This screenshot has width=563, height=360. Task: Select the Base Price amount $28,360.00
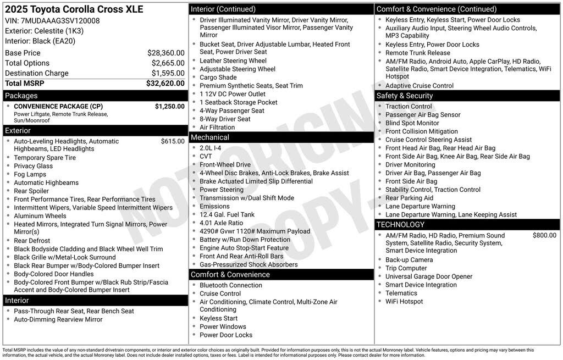pyautogui.click(x=165, y=53)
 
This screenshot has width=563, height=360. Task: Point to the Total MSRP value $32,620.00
pyautogui.click(x=165, y=84)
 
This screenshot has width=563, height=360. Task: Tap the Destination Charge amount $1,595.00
pyautogui.click(x=168, y=73)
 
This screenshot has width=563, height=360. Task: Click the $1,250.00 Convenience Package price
pyautogui.click(x=169, y=107)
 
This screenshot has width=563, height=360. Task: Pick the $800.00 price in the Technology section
pyautogui.click(x=544, y=235)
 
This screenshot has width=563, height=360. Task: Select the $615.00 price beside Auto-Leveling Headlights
pyautogui.click(x=173, y=141)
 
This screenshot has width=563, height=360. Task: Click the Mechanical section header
pyautogui.click(x=210, y=137)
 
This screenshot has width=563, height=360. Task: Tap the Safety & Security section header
pyautogui.click(x=405, y=96)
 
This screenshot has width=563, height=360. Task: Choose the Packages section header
pyautogui.click(x=21, y=96)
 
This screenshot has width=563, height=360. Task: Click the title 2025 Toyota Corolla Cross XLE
pyautogui.click(x=74, y=9)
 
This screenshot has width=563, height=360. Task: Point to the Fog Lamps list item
pyautogui.click(x=30, y=174)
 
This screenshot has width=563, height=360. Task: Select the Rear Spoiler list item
pyautogui.click(x=32, y=191)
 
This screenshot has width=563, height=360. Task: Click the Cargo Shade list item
pyautogui.click(x=218, y=77)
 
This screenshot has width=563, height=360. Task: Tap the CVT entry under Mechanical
pyautogui.click(x=206, y=156)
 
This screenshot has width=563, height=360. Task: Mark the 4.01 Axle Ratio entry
pyautogui.click(x=221, y=223)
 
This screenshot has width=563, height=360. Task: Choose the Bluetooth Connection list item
pyautogui.click(x=230, y=285)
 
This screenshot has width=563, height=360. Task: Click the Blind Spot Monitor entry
pyautogui.click(x=412, y=123)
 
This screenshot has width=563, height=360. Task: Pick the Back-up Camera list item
pyautogui.click(x=409, y=260)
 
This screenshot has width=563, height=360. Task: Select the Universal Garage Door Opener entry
pyautogui.click(x=428, y=276)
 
